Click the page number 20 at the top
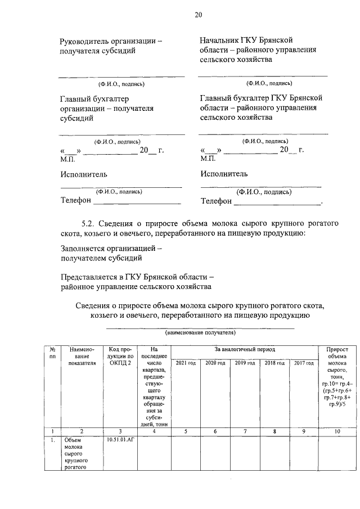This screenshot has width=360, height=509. (x=198, y=15)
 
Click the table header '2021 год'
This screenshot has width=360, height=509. (x=185, y=363)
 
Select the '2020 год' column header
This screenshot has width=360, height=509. (x=215, y=363)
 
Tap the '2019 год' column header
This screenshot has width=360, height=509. (x=245, y=363)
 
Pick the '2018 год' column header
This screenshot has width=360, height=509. (x=274, y=363)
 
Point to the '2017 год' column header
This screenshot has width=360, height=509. (x=304, y=363)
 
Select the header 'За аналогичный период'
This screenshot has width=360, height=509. (x=245, y=350)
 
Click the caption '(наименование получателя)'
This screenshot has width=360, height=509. (x=200, y=333)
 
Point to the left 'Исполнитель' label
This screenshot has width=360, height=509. (x=84, y=174)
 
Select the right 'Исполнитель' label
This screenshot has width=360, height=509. (x=224, y=174)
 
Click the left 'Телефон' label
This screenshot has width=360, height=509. (x=75, y=200)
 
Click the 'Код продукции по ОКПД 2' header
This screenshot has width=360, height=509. (x=119, y=356)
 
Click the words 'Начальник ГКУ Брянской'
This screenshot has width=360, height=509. (x=246, y=40)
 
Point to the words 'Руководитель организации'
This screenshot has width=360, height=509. (x=107, y=41)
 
